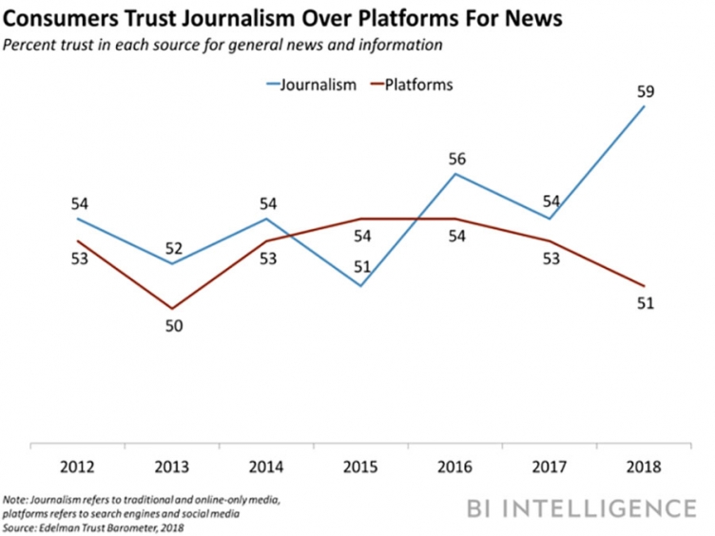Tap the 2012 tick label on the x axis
pyautogui.click(x=78, y=467)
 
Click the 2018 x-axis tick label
pyautogui.click(x=646, y=467)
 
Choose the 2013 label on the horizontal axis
pyautogui.click(x=173, y=467)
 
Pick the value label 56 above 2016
pyautogui.click(x=456, y=158)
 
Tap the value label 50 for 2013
pyautogui.click(x=173, y=326)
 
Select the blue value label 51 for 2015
pyautogui.click(x=362, y=268)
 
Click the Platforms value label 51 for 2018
pyautogui.click(x=647, y=304)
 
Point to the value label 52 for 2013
pyautogui.click(x=173, y=248)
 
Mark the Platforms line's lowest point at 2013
pyautogui.click(x=173, y=309)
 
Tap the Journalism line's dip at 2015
pyautogui.click(x=362, y=286)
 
